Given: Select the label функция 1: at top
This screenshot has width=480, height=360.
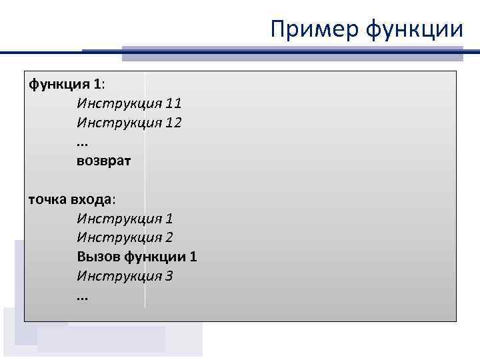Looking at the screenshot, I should point(67,85).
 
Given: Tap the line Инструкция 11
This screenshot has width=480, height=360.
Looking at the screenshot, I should point(129,104).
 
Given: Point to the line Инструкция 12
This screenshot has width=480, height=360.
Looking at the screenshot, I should point(129,123).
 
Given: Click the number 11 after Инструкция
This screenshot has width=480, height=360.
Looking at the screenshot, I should point(174,104).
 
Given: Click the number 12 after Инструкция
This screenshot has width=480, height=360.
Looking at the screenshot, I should point(174,123).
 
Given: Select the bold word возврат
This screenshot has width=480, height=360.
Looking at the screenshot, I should point(104,161).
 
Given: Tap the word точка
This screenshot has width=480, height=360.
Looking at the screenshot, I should point(47,199).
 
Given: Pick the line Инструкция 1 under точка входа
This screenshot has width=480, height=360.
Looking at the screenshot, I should point(125,219).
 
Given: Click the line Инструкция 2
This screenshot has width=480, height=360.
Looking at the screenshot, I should point(125,237).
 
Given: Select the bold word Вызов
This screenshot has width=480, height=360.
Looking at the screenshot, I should point(97,257).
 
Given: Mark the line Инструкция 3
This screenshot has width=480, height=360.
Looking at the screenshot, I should point(125,276).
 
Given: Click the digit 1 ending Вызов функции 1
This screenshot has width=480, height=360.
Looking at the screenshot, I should point(193,257).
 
